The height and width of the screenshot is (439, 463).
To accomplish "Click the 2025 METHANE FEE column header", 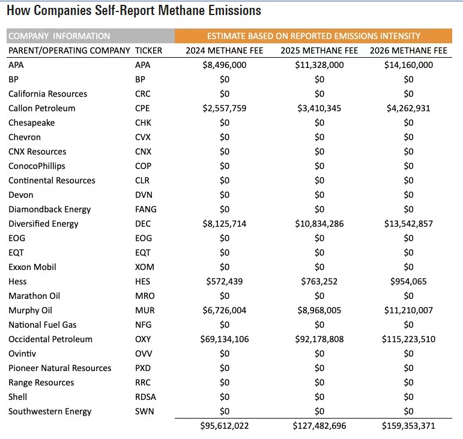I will [319, 51].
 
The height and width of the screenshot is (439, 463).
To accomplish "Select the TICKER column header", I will [149, 51].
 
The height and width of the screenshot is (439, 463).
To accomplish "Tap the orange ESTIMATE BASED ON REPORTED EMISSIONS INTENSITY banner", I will [318, 36].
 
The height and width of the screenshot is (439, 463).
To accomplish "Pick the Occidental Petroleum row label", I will [50, 339].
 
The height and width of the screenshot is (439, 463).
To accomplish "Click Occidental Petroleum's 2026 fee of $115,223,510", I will [408, 339].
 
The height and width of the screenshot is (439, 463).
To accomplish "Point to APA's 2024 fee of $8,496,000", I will [225, 65].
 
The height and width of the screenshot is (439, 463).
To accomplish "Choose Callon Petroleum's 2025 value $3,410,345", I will [319, 108].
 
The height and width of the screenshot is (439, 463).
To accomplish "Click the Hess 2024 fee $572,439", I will [225, 281].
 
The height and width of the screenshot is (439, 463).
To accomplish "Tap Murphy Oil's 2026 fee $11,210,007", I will [408, 310].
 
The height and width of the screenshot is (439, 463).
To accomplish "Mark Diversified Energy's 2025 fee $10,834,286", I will [319, 224].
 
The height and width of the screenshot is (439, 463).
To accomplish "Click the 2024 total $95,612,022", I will [225, 426].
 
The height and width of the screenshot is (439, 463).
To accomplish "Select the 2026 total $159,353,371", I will [408, 426].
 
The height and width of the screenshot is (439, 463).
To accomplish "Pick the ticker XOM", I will [144, 267].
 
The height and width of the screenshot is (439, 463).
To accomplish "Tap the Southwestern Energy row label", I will [50, 411].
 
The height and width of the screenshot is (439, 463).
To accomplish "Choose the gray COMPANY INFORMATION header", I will [59, 36].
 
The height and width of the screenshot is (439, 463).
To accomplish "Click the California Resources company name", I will [47, 94].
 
